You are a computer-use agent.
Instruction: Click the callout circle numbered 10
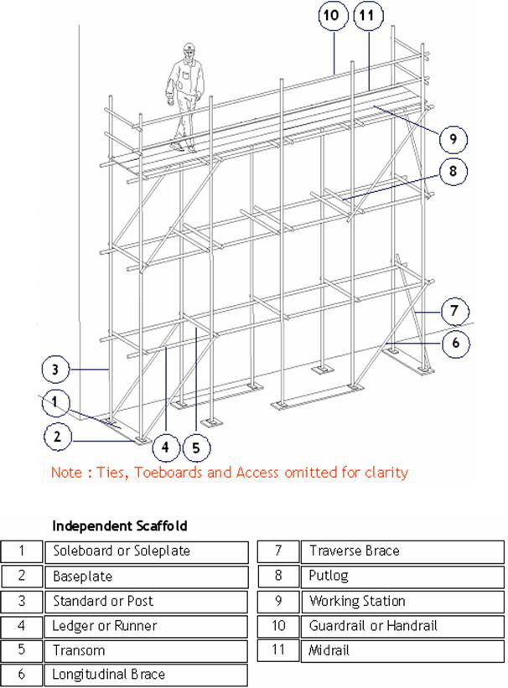point(332,16)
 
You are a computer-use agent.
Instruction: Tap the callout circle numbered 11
point(368,16)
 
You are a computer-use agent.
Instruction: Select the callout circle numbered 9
point(453,138)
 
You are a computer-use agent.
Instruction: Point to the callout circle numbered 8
point(453,172)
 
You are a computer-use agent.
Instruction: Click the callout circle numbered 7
point(454,312)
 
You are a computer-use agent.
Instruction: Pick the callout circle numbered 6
point(455,343)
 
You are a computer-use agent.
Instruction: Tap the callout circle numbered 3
point(54,369)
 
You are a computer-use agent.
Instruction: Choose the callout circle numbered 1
point(54,403)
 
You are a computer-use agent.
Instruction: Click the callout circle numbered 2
point(58,436)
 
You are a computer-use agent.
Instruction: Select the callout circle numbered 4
point(165,447)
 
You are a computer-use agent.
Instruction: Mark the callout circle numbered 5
point(195,447)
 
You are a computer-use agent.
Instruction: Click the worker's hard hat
point(189,49)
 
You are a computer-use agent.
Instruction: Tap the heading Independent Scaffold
point(119,526)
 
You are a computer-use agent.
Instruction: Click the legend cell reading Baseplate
point(82,577)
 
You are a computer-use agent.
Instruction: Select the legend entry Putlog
point(328,577)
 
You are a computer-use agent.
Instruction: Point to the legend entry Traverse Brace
point(354,551)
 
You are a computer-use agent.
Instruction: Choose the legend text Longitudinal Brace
point(109,675)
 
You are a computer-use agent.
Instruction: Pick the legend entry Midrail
point(329,650)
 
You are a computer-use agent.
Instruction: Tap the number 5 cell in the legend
point(23,650)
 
